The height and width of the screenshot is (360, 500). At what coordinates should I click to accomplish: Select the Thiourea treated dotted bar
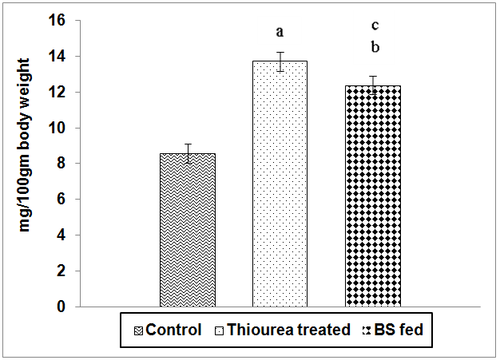tap(280, 184)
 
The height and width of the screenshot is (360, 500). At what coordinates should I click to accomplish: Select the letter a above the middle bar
tap(280, 32)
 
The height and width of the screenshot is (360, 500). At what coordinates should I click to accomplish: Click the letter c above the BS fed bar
tap(374, 26)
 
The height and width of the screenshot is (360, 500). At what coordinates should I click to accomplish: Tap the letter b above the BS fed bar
tap(374, 47)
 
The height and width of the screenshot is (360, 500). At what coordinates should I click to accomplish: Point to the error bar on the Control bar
tap(188, 152)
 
